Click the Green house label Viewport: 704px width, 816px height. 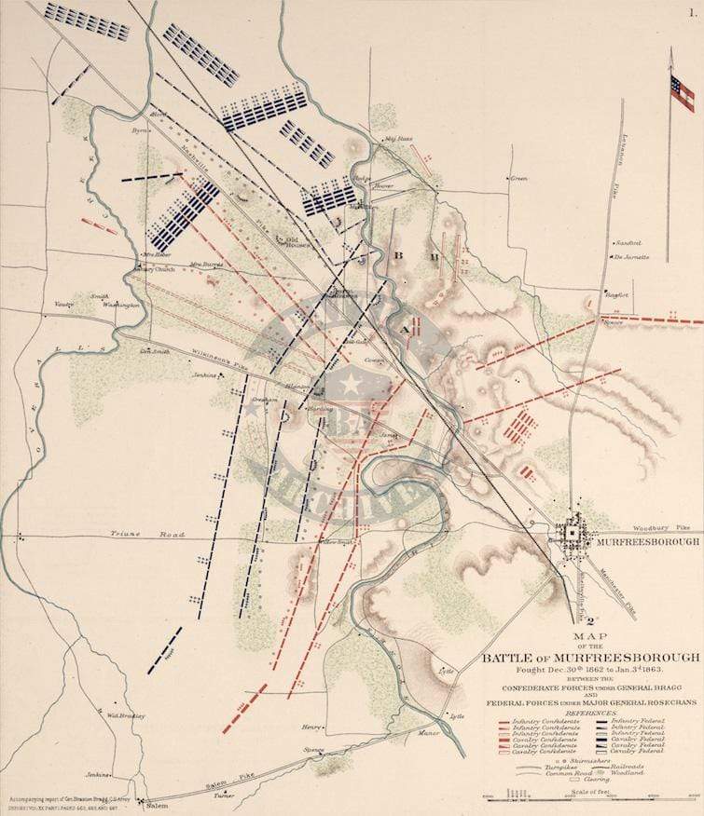pos(519,178)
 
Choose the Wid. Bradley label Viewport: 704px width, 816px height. pos(125,716)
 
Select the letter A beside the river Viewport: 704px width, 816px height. pos(403,331)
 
